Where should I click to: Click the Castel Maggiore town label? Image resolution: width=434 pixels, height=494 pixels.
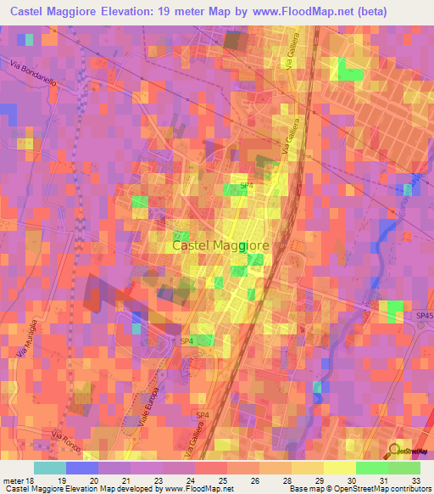[220, 245]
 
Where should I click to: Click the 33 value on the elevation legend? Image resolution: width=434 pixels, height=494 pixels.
[415, 480]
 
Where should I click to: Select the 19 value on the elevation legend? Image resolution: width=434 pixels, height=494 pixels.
[52, 480]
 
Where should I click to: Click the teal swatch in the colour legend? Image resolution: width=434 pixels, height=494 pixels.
[50, 468]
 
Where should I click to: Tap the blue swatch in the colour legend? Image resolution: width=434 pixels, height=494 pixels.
[81, 468]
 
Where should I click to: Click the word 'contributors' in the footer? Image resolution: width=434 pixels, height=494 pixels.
[409, 490]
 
